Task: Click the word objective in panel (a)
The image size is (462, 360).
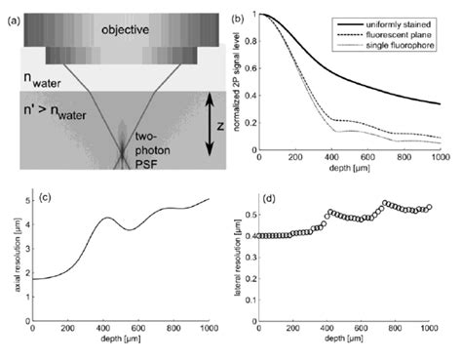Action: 113,29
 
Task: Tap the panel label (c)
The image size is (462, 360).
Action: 46,202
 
